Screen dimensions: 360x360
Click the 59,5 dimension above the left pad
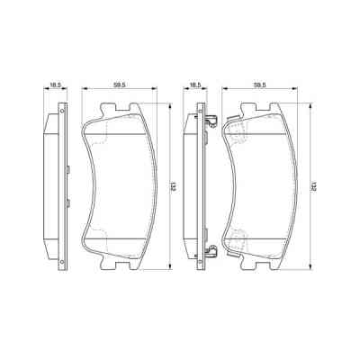pos(119,83)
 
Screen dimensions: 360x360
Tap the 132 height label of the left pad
pos(172,186)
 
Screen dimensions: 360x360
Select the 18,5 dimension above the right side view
pos(193,83)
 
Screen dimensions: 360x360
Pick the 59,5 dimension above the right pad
pos(259,83)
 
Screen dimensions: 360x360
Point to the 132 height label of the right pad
pos(312,186)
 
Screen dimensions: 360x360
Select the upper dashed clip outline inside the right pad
pos(238,133)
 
